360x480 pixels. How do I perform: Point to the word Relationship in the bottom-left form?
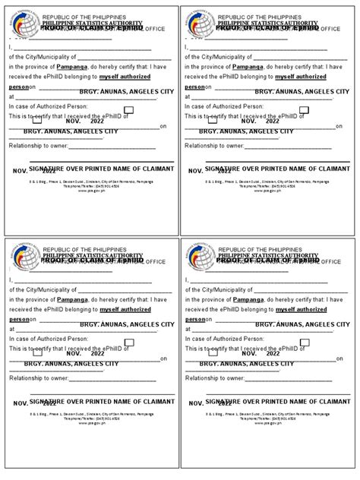27,377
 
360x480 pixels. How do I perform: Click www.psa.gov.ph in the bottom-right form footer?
267,424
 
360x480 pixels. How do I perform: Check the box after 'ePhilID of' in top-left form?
128,110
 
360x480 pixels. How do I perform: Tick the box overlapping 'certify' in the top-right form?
212,119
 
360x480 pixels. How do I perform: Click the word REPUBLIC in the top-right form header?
233,17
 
